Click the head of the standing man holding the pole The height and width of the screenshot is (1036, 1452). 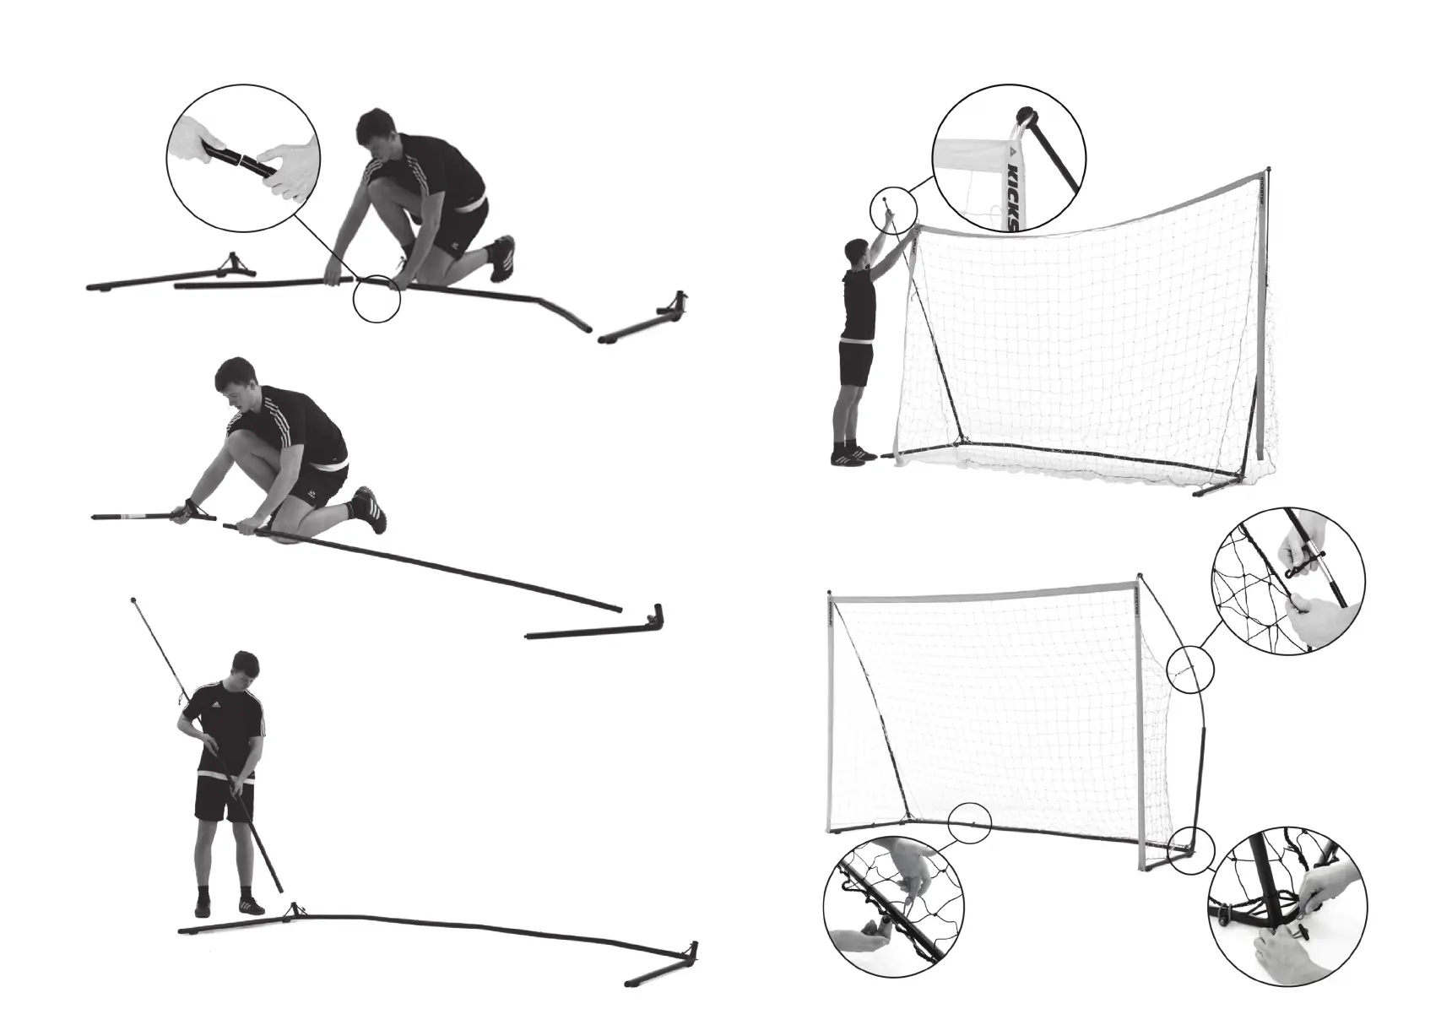(243, 670)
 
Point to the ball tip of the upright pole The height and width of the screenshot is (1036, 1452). (134, 600)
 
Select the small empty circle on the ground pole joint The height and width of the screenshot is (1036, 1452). (376, 300)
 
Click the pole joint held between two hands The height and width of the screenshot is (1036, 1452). (241, 160)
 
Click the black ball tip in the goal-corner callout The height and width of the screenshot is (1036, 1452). (1027, 117)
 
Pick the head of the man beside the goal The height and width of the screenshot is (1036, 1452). (857, 252)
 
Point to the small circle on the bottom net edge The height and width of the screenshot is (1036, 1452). (968, 821)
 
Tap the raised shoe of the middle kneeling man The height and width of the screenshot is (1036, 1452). (369, 507)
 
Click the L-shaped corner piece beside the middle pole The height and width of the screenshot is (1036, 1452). (655, 616)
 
